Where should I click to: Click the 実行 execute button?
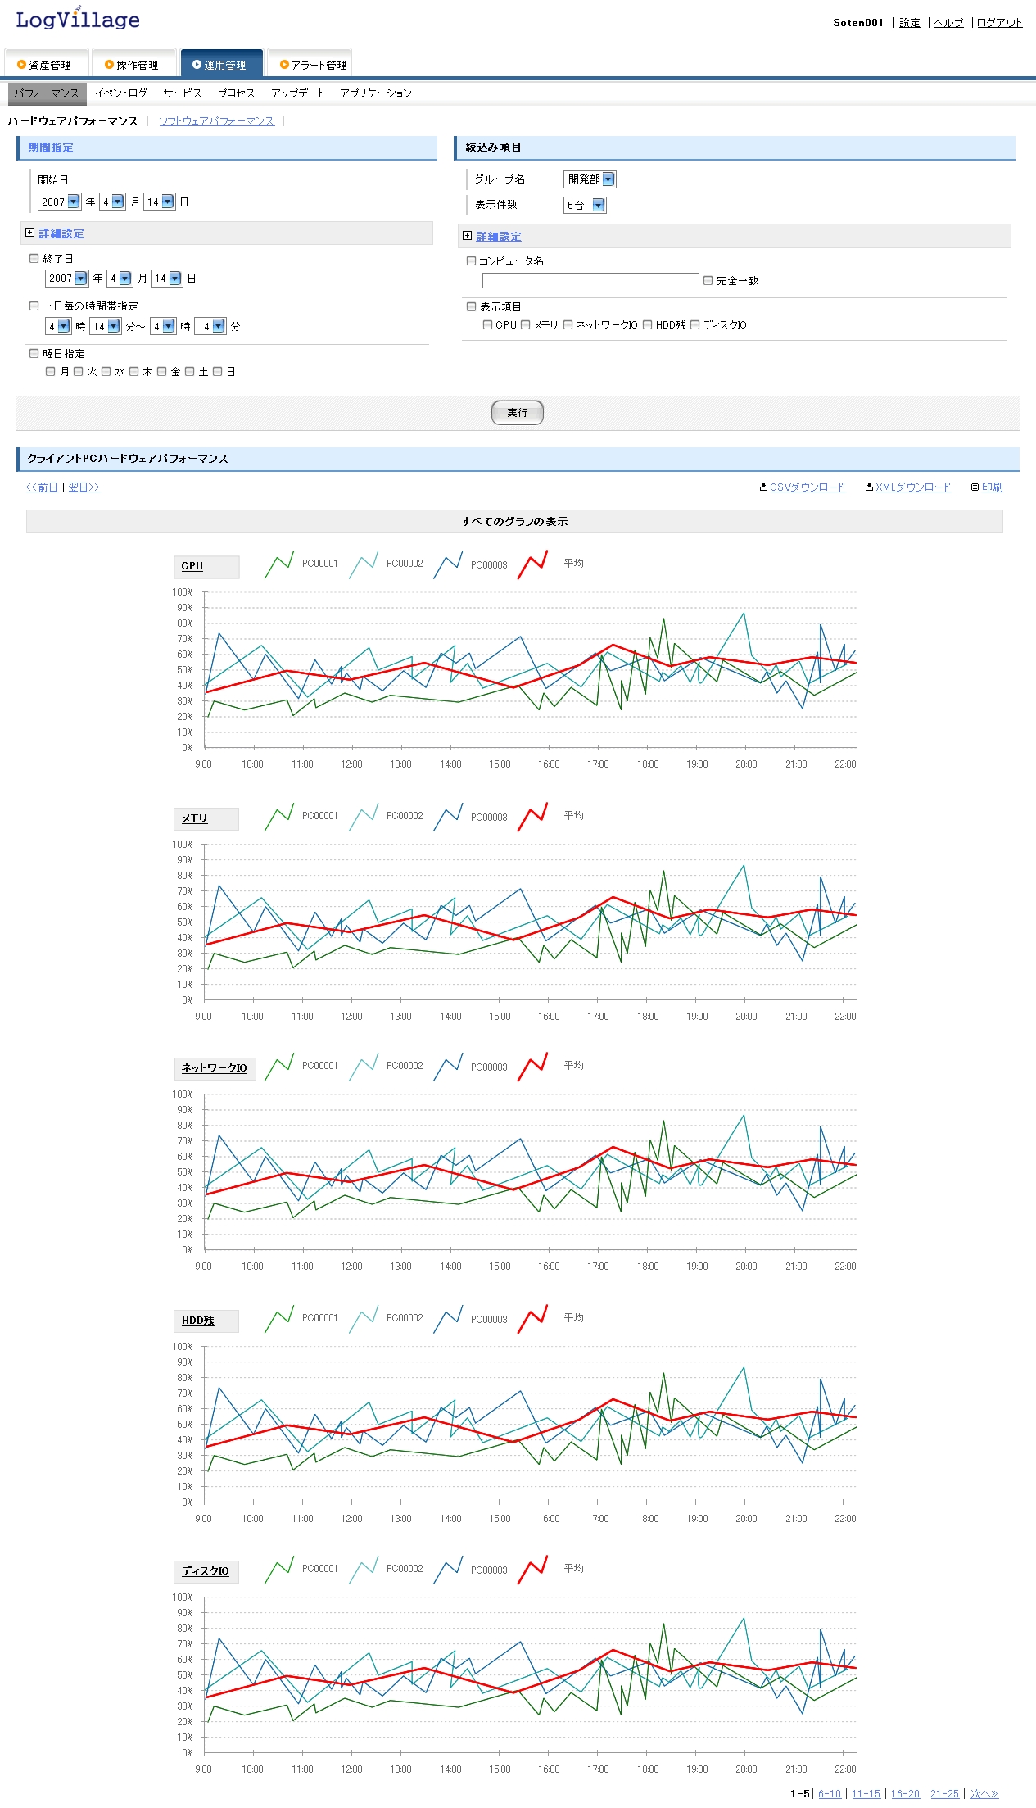point(517,413)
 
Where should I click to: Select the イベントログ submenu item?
point(120,93)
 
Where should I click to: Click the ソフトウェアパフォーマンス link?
point(216,121)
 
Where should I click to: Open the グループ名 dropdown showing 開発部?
point(590,179)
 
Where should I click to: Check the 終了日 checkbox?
point(34,258)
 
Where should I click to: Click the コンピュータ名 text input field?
point(590,281)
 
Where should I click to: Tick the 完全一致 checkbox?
point(708,280)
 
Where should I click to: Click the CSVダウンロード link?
point(807,487)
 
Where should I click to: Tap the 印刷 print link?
point(992,487)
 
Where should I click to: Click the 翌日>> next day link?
point(84,487)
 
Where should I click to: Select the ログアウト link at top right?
point(999,23)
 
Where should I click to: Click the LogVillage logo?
point(78,20)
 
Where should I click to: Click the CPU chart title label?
point(192,566)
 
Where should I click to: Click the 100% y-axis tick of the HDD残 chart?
point(183,1347)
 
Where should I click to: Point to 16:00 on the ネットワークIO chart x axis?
point(549,1267)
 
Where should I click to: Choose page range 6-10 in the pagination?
point(830,1794)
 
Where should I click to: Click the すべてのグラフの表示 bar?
point(514,522)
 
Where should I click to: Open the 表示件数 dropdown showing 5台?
point(585,205)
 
